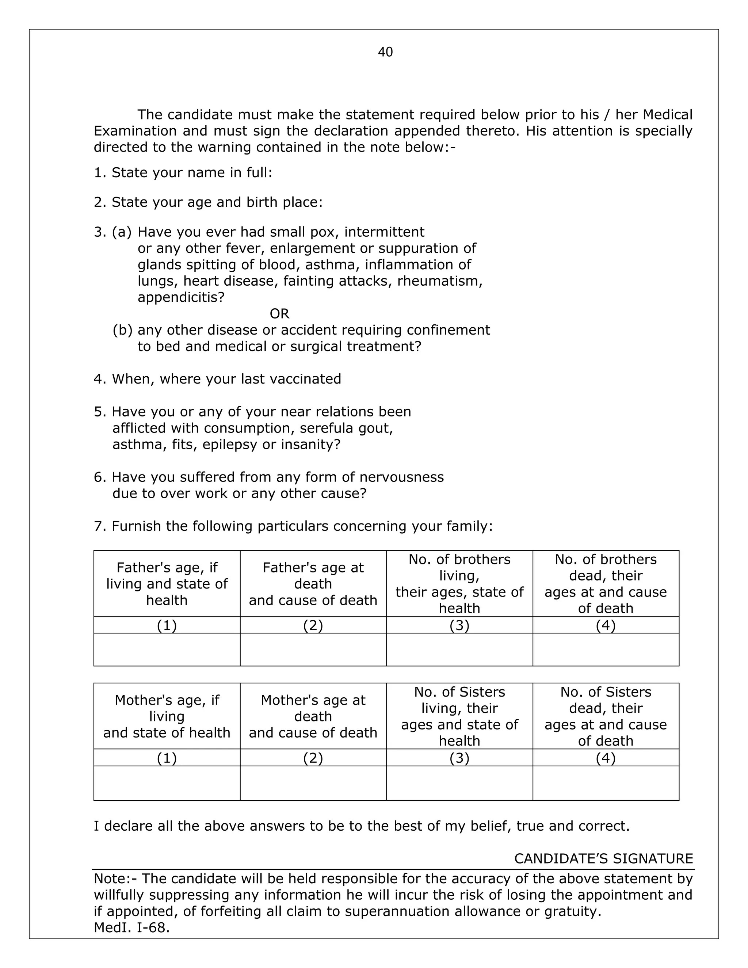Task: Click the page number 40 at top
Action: click(385, 52)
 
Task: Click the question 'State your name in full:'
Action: click(183, 172)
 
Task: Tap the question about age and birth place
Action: click(208, 202)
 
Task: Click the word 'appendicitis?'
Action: click(181, 297)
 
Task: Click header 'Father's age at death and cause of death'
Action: click(313, 584)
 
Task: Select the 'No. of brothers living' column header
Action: click(459, 583)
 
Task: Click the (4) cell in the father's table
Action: click(605, 625)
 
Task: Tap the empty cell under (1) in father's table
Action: click(167, 649)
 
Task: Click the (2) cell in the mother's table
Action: click(313, 758)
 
